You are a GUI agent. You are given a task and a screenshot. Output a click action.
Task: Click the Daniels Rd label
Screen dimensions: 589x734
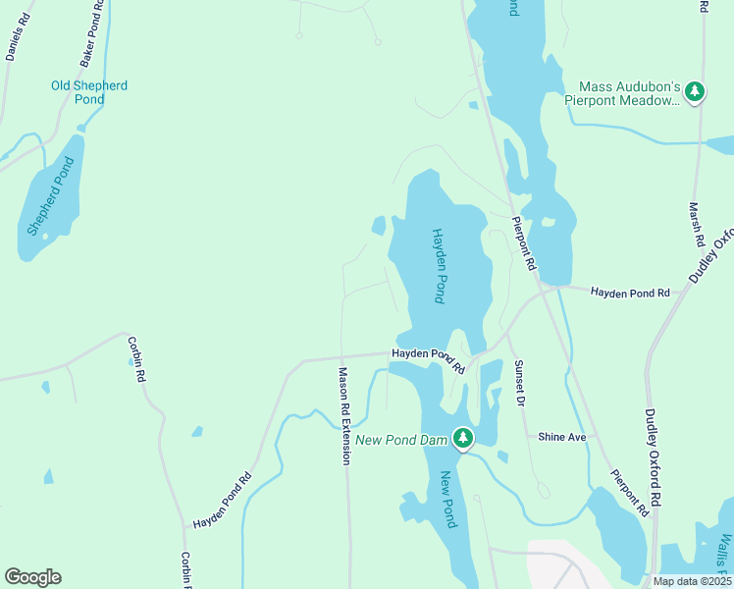tap(18, 38)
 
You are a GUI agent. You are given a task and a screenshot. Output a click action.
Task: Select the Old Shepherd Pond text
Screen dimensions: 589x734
tap(89, 92)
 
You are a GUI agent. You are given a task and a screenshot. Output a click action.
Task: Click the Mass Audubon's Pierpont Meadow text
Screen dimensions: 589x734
tap(622, 93)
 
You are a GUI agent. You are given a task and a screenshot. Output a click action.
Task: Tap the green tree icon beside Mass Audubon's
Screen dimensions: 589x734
tap(696, 92)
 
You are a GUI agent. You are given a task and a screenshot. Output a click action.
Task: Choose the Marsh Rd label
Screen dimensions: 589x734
tap(697, 225)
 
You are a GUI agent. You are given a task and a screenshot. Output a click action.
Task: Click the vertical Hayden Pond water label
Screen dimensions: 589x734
tap(441, 265)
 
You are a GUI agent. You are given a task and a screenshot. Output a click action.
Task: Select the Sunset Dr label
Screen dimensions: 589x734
tap(520, 384)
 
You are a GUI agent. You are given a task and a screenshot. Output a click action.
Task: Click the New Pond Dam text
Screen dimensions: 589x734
tap(402, 440)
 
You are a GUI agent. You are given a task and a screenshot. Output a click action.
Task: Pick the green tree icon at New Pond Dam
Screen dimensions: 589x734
tap(463, 439)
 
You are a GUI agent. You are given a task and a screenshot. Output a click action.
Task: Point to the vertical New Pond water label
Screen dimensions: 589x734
tap(446, 499)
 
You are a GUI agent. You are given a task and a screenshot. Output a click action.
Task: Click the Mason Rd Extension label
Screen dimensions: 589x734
tap(344, 415)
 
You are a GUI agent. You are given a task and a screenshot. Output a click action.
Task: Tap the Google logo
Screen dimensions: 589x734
tap(32, 577)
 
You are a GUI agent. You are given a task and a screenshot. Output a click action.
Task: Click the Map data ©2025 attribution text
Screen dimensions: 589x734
tap(691, 581)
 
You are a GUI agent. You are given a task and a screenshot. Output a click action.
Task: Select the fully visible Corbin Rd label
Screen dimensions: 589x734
tap(136, 359)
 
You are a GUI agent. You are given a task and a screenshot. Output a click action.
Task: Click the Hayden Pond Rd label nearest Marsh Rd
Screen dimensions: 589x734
tap(630, 293)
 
